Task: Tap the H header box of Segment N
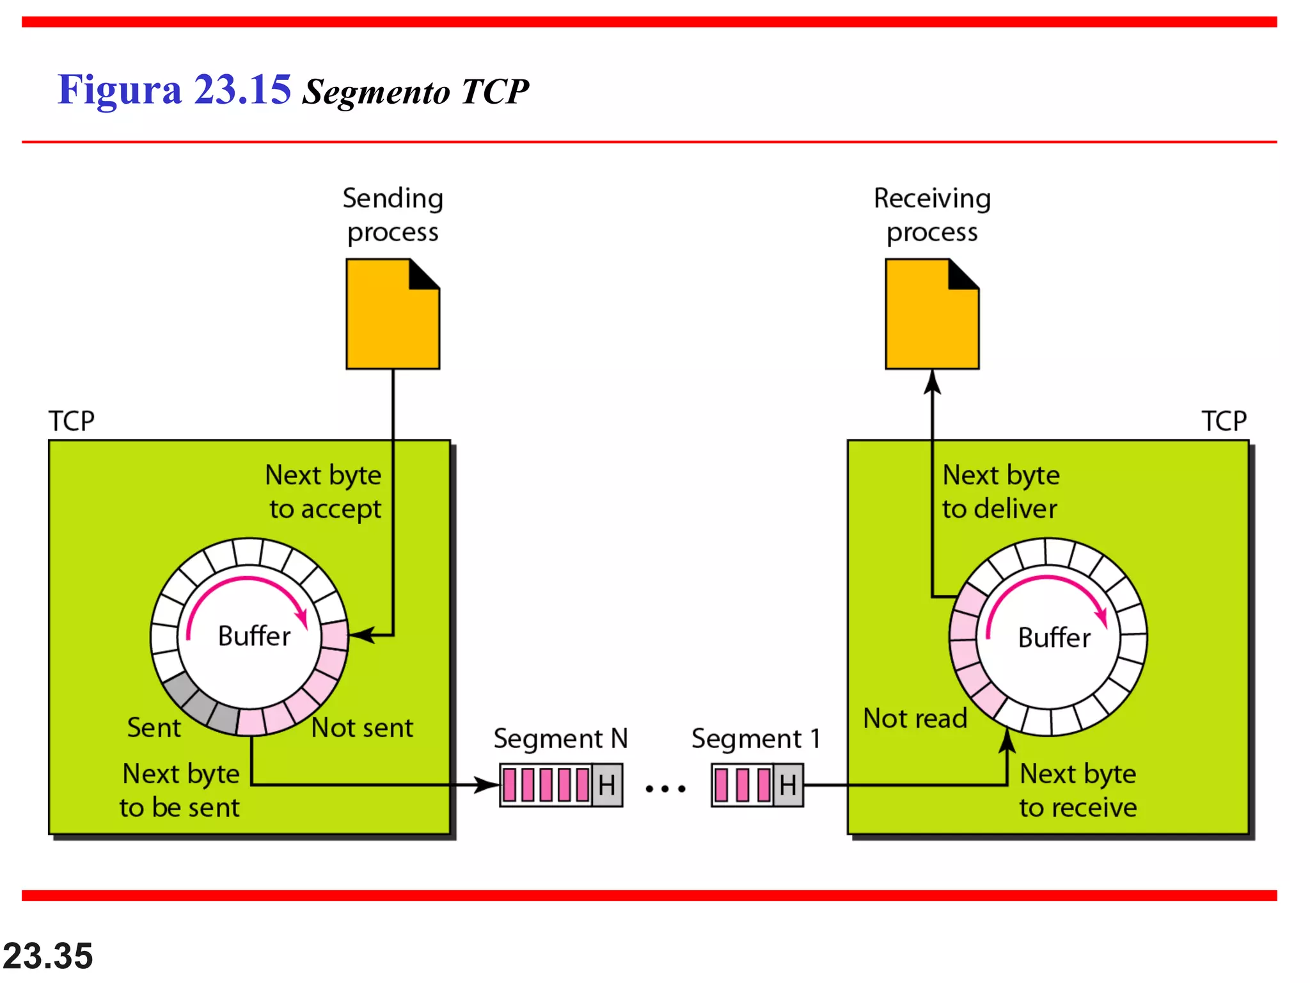606,785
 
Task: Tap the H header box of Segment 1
788,785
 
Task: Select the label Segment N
560,739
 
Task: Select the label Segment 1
755,739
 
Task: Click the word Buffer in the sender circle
254,636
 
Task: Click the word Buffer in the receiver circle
1054,637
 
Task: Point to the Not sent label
362,728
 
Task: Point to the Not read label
915,718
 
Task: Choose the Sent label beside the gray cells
154,728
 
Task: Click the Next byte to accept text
324,491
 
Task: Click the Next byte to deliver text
1000,491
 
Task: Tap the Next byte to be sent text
180,790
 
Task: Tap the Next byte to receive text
1078,790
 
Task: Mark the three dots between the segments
665,788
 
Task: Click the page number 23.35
48,956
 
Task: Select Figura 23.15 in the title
174,90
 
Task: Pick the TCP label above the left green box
72,421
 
